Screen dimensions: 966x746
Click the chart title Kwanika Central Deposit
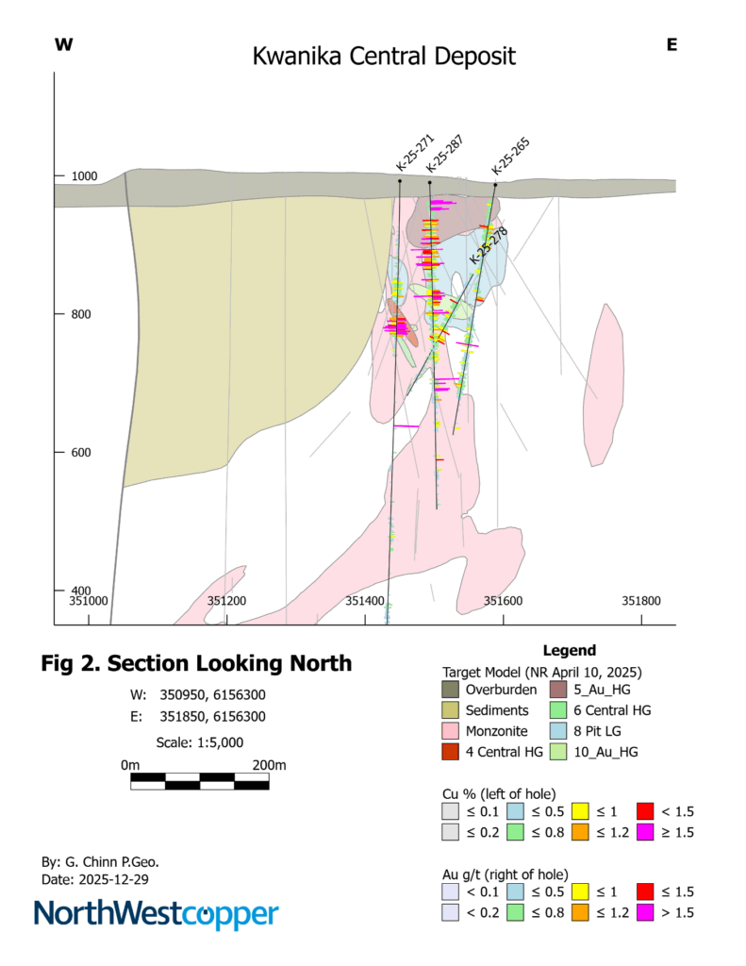coord(384,57)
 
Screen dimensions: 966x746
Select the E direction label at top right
coord(671,44)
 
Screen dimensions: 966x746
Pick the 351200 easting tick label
coord(226,600)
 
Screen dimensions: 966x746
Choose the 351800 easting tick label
coord(641,600)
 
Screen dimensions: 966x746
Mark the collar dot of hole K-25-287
coord(429,182)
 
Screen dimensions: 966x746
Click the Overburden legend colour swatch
coord(453,691)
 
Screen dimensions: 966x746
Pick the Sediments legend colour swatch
coord(453,710)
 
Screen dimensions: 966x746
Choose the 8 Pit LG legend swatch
coord(556,730)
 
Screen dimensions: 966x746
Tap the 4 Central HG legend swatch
coord(453,751)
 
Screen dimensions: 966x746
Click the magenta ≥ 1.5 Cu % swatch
coord(645,831)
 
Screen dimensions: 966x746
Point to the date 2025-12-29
coord(106,879)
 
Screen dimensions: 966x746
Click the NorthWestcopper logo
coord(157,915)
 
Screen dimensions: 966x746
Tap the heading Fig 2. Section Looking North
coord(196,663)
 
